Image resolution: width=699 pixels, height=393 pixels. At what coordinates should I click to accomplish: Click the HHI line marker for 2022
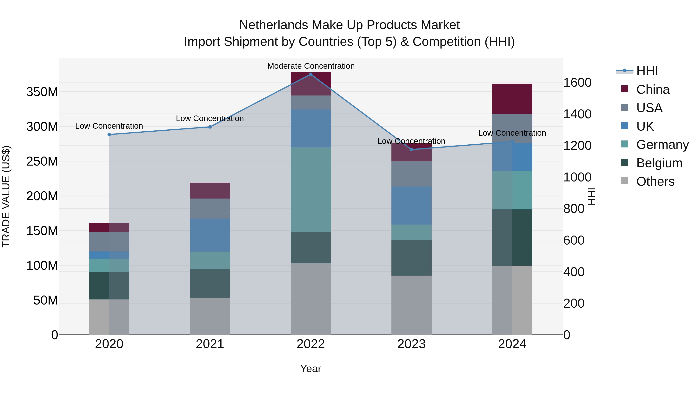(x=311, y=74)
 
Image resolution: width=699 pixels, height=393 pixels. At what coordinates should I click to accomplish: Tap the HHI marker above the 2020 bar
(x=109, y=134)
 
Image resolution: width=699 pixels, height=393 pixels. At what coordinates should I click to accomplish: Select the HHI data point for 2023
(x=411, y=149)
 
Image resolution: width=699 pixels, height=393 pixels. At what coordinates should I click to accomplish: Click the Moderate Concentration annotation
(x=311, y=66)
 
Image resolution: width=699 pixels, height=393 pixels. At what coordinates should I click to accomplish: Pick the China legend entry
(x=653, y=89)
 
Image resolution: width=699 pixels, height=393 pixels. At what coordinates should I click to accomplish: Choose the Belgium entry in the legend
(x=659, y=163)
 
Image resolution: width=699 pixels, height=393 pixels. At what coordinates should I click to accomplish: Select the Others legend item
(x=655, y=181)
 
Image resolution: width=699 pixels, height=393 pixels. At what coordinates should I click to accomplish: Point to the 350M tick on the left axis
(x=42, y=92)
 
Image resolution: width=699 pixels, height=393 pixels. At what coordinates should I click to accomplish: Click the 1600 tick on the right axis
(x=577, y=82)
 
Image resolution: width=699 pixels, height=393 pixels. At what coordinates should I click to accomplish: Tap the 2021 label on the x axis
(x=210, y=344)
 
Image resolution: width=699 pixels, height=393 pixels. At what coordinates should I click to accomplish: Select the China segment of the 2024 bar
(x=512, y=99)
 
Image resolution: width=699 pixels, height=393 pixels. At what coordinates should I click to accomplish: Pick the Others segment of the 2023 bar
(x=411, y=305)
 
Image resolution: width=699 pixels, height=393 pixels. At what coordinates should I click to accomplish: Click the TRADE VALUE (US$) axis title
(x=6, y=196)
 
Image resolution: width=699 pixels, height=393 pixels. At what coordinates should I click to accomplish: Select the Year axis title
(x=310, y=369)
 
